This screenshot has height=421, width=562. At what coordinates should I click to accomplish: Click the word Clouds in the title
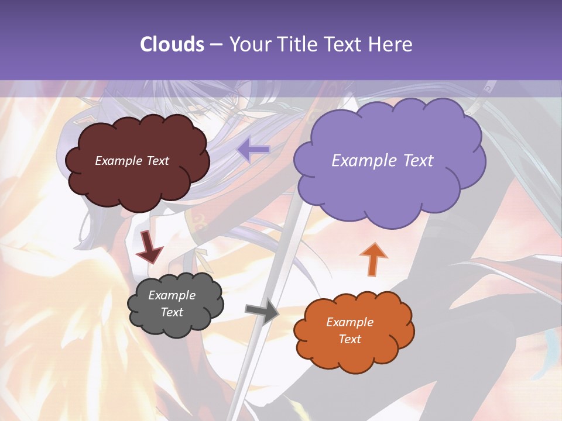(x=172, y=44)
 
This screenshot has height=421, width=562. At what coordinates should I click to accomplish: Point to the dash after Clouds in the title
(x=215, y=45)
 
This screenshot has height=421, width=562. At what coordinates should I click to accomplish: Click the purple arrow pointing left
(x=253, y=150)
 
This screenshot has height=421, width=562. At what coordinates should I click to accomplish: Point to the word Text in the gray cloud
(x=172, y=312)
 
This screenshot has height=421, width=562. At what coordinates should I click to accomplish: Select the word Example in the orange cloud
(x=349, y=322)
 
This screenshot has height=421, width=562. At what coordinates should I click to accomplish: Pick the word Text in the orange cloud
(x=349, y=339)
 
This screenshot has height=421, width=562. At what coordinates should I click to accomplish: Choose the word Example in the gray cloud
(x=172, y=295)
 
